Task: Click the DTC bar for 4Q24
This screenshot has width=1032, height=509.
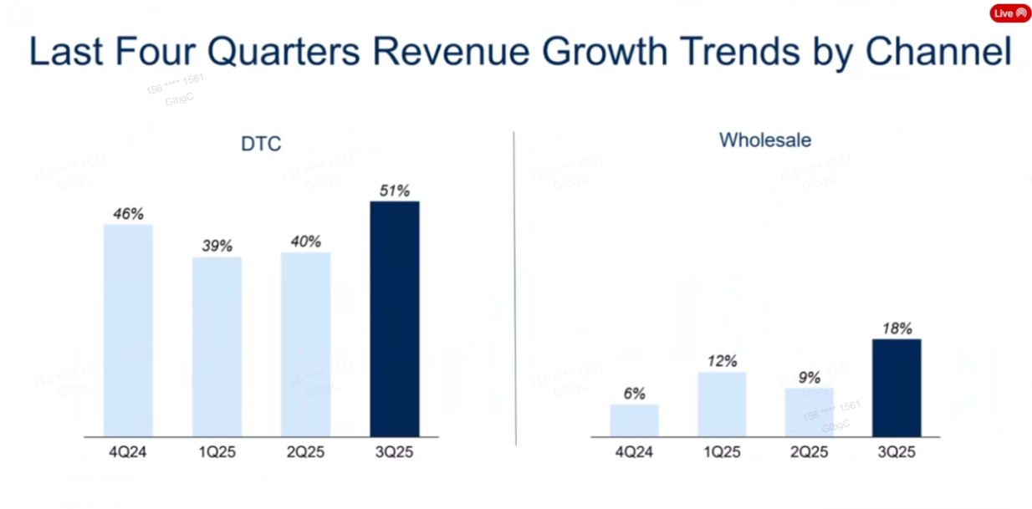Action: coord(128,330)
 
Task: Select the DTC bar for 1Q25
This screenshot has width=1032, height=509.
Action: coord(217,347)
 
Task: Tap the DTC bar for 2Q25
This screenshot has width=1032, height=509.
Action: coord(305,344)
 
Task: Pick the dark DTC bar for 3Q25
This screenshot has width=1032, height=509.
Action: coord(394,318)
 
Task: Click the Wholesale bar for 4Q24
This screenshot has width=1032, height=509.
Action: coord(634,420)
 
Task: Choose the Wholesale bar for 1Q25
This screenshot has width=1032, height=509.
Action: coord(722,405)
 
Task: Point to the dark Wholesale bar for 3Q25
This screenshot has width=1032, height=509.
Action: coord(897,388)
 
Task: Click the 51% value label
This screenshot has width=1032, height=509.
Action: coord(394,191)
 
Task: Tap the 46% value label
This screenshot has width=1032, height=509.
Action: coord(128,214)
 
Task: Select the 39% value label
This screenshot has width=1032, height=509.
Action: coord(217,247)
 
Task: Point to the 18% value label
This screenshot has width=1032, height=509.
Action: coord(897,329)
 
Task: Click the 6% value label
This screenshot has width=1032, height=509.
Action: coord(634,394)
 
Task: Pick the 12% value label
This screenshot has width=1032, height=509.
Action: coord(722,361)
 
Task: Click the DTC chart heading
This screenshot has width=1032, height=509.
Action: coord(261,144)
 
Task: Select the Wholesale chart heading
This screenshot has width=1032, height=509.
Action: coord(765,140)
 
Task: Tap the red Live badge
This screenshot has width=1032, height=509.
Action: coord(1010,13)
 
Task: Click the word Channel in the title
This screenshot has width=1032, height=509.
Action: coord(938,52)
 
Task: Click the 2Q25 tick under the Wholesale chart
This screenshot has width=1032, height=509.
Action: coord(809,453)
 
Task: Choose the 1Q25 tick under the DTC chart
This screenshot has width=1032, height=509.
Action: coord(217,453)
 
